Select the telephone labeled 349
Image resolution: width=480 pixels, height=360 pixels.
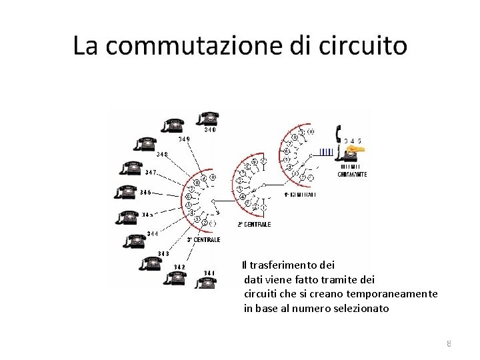(x=173, y=126)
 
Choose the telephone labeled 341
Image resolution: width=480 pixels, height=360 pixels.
(x=205, y=282)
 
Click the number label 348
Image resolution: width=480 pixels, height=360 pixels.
(x=162, y=154)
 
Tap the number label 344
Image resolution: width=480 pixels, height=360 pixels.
(x=153, y=233)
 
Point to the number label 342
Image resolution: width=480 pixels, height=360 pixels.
(x=179, y=267)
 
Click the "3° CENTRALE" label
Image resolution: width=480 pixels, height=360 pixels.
(x=203, y=240)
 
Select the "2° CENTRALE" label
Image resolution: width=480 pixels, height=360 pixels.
(x=253, y=225)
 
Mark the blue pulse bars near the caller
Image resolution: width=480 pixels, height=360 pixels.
(x=326, y=152)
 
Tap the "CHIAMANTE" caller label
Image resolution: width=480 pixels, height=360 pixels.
(x=352, y=175)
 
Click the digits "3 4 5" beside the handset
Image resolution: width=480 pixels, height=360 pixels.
(x=353, y=141)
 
